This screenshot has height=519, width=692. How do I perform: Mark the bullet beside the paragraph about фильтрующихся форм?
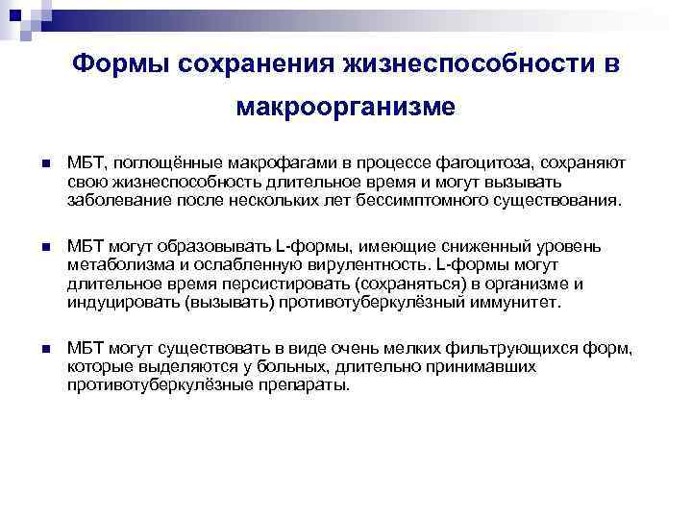click(x=44, y=348)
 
